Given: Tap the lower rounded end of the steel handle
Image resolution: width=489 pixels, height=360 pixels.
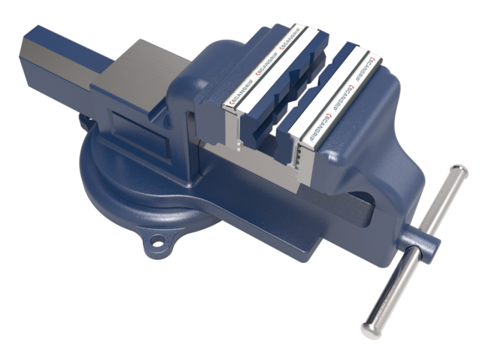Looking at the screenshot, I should [x=372, y=327].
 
